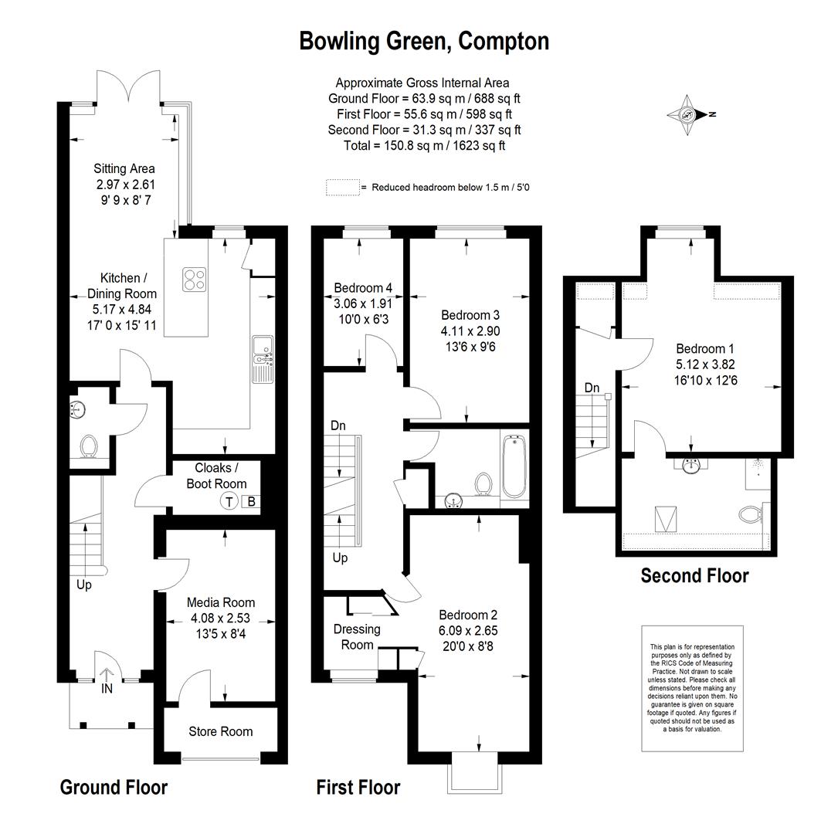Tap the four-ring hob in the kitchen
(194, 280)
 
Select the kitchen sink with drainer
(263, 359)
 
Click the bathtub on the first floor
(514, 466)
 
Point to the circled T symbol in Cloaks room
(229, 502)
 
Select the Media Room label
(221, 602)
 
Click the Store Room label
(221, 731)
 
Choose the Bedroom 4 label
(363, 288)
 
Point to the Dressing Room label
(357, 637)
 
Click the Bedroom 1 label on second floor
(705, 349)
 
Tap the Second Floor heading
(694, 575)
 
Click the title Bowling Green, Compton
(424, 41)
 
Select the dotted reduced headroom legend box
(343, 187)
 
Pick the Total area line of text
(425, 146)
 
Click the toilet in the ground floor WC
(88, 446)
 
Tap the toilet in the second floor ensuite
(750, 514)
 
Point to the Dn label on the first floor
(338, 425)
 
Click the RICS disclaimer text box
(692, 688)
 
